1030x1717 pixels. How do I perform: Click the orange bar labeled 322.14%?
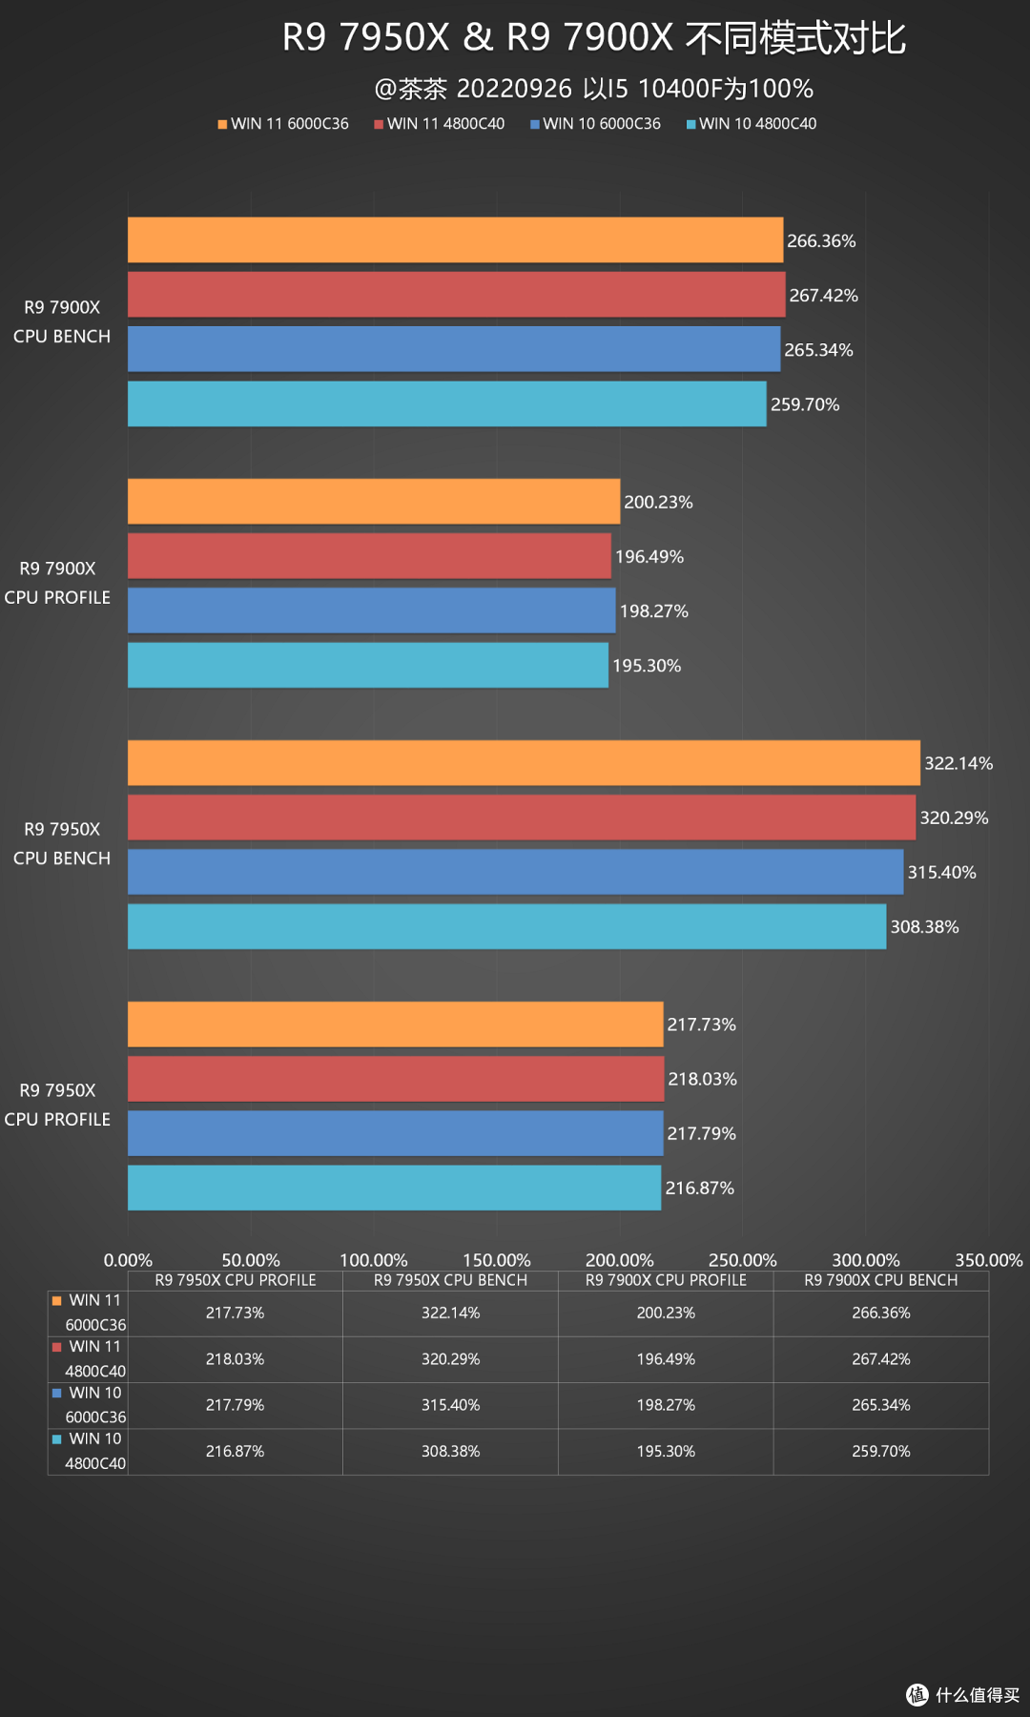point(524,763)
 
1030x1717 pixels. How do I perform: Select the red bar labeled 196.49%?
point(369,556)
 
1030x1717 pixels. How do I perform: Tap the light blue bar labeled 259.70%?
point(446,404)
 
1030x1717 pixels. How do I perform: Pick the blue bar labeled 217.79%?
point(395,1133)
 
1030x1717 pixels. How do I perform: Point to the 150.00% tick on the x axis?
point(496,1260)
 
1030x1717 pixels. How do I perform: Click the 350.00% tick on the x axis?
point(988,1260)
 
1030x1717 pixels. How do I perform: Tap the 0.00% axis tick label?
point(128,1260)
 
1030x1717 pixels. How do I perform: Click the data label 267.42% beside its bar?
point(823,296)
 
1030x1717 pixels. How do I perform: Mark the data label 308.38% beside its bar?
point(924,927)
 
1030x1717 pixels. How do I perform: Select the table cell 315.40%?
point(450,1405)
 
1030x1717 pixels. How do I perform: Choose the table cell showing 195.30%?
point(666,1451)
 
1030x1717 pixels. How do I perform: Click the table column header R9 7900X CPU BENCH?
point(880,1280)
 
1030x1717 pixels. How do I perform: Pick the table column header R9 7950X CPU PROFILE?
point(236,1280)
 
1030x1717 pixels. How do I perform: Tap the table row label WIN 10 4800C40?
point(93,1451)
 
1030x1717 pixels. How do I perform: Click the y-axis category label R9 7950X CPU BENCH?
point(61,843)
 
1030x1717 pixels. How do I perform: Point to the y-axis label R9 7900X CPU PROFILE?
point(57,583)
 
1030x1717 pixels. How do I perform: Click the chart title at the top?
point(593,38)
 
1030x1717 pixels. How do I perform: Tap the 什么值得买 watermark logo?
point(962,1694)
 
